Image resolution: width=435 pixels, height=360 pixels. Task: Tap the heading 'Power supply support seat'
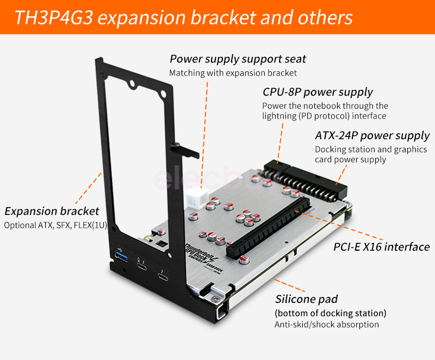[238, 59]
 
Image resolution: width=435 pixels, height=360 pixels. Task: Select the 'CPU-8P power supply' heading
[318, 92]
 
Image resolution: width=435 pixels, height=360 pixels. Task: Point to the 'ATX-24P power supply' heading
[372, 135]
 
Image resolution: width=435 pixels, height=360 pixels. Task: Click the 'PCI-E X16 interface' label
[381, 247]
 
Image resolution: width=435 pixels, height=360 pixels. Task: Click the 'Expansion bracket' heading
[52, 211]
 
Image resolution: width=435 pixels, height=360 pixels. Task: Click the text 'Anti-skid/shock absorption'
[326, 325]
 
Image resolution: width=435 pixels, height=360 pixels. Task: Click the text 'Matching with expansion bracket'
[233, 73]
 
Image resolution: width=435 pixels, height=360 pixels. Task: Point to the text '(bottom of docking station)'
[331, 313]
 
